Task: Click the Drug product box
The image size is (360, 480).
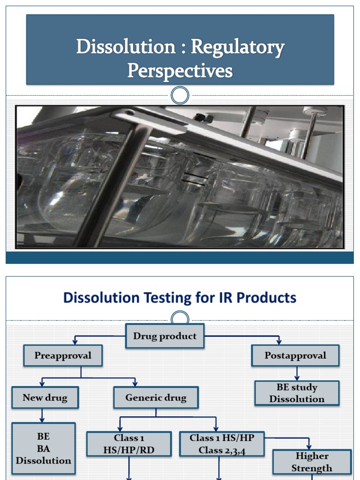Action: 165,336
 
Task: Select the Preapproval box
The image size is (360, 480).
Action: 62,356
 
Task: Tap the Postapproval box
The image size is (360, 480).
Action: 295,356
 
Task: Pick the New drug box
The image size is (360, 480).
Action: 45,398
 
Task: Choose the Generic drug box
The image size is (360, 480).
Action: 156,398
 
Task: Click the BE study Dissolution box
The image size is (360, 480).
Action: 297,393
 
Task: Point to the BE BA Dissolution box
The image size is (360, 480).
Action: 44,449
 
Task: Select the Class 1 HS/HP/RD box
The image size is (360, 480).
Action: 129,444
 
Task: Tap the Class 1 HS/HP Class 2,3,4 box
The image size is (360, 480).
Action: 222,444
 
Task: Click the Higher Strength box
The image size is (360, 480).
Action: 312,462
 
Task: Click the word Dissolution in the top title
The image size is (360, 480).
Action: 119,47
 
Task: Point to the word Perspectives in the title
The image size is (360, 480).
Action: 180,71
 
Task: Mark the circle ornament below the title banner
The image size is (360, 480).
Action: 180,96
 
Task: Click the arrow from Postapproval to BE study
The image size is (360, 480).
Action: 297,374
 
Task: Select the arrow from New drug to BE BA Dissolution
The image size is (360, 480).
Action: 43,415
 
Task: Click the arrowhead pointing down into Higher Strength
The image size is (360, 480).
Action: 309,446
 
